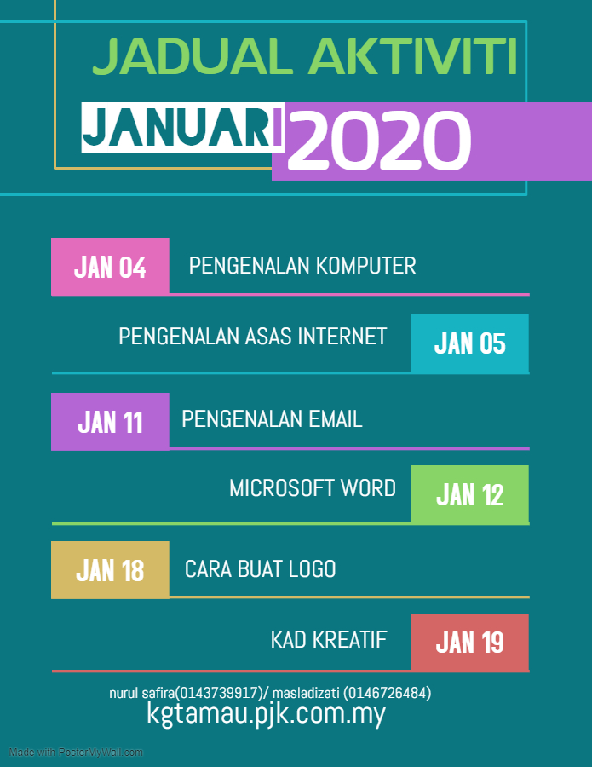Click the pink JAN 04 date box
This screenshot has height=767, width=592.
(110, 266)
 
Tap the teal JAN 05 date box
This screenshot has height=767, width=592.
(469, 343)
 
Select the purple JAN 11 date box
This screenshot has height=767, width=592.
(110, 421)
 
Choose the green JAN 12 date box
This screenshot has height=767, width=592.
(469, 494)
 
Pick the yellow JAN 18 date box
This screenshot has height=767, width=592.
(110, 569)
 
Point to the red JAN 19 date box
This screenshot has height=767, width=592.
(469, 642)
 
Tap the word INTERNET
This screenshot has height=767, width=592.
(342, 337)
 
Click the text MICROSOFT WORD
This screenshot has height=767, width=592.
(313, 488)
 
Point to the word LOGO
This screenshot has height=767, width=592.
(310, 569)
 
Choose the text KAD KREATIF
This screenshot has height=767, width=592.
(329, 640)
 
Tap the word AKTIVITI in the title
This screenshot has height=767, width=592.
(414, 57)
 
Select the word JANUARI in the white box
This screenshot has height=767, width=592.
(182, 128)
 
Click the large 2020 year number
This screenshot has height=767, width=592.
(379, 141)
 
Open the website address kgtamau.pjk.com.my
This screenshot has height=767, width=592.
(267, 713)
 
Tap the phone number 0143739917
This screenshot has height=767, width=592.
(219, 693)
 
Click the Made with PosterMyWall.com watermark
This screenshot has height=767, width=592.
(76, 753)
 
